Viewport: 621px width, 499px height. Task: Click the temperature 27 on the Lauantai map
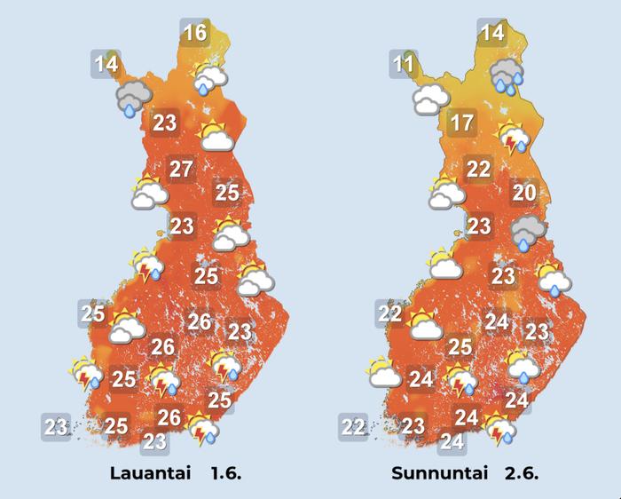[x=181, y=169]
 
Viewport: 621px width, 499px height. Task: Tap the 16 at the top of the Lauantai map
[x=194, y=34]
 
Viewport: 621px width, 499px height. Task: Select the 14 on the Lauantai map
[x=106, y=64]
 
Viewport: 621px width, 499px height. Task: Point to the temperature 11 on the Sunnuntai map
[x=405, y=64]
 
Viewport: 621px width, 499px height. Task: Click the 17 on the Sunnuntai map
[x=461, y=123]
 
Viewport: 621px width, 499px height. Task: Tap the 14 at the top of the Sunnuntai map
[x=491, y=34]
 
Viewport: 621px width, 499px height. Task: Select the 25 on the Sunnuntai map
[x=460, y=347]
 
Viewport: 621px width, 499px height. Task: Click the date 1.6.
[x=225, y=473]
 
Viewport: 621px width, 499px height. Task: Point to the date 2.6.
[x=523, y=473]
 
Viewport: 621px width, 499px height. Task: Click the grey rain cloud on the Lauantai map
[x=133, y=97]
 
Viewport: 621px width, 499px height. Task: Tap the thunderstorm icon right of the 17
[x=515, y=140]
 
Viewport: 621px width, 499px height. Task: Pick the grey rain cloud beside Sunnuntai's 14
[x=508, y=75]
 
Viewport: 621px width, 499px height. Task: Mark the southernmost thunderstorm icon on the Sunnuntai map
[x=502, y=429]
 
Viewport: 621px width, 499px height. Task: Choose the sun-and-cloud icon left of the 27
[x=148, y=193]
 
